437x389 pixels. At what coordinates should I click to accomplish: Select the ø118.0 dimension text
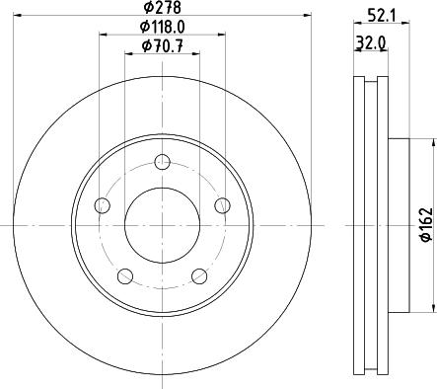(x=162, y=27)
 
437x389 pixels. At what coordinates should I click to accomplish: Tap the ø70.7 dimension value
(x=162, y=45)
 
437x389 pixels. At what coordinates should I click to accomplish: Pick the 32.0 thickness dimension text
(x=369, y=44)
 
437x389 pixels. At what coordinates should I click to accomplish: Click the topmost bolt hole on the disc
(x=163, y=163)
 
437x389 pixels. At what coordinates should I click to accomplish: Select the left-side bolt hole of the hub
(x=102, y=205)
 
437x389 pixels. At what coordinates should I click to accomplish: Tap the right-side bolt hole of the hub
(x=222, y=205)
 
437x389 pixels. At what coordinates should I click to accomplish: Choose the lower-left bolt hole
(x=125, y=275)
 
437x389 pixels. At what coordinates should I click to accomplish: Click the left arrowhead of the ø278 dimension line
(x=19, y=17)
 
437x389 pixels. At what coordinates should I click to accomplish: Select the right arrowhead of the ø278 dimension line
(x=307, y=17)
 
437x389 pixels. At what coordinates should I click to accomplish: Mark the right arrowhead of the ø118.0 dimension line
(x=222, y=37)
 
